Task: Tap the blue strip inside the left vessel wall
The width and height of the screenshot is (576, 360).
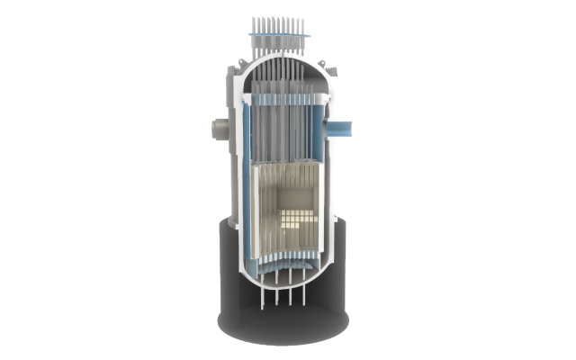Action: point(246,135)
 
